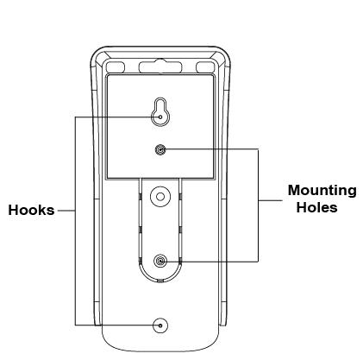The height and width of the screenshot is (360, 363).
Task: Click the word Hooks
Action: coord(31,210)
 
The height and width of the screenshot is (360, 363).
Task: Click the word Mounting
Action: coord(322,191)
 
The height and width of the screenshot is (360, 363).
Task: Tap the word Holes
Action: coord(316,207)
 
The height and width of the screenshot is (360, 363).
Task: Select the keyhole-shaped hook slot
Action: coord(160,112)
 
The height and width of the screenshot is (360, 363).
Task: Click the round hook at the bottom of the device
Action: coord(160,325)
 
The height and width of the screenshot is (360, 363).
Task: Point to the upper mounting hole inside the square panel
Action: coord(160,149)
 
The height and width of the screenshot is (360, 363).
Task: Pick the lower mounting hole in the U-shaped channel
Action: coord(160,262)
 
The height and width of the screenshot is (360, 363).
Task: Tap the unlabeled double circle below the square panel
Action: coord(160,197)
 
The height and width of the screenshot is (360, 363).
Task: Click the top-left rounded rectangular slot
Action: coord(116,67)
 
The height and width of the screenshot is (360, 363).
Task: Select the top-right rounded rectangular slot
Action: coord(205,67)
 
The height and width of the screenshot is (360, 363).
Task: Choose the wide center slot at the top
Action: coord(160,67)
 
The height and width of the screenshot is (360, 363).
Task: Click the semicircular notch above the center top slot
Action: coord(160,60)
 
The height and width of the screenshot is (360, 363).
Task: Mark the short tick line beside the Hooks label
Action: coord(66,211)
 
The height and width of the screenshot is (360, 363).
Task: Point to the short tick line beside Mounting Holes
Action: coord(271,200)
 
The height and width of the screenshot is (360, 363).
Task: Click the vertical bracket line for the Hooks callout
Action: coord(75,221)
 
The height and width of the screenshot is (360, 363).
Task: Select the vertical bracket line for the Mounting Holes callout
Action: coord(258,205)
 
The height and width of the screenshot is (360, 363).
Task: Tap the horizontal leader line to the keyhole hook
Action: coord(117,117)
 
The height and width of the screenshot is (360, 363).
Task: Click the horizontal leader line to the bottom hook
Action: coord(117,325)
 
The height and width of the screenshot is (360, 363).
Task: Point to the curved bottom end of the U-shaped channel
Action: coord(160,280)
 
